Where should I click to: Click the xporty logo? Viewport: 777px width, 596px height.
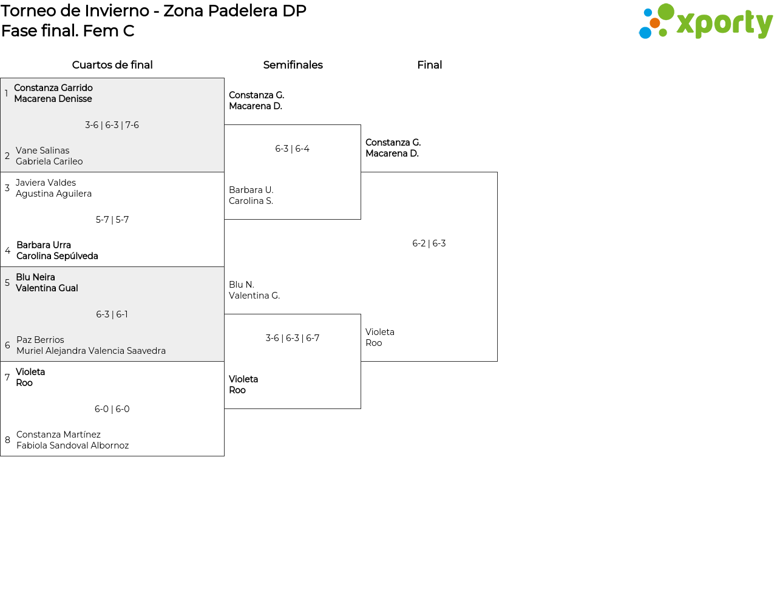click(705, 21)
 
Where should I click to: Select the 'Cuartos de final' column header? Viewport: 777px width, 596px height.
click(112, 65)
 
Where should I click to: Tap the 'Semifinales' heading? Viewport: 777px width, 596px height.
click(293, 65)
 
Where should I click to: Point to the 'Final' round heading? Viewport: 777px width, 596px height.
click(429, 65)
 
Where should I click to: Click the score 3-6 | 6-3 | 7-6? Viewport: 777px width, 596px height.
click(112, 125)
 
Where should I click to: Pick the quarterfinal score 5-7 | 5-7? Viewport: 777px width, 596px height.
click(112, 220)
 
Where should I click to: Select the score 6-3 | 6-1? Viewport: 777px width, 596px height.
click(112, 314)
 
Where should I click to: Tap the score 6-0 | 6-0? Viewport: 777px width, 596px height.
click(112, 409)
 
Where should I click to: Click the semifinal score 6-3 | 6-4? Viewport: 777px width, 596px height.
click(292, 149)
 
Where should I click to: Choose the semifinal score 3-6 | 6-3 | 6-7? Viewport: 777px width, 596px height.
click(293, 338)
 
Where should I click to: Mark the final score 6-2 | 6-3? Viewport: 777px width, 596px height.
click(429, 243)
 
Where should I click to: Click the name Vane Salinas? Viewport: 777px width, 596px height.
click(42, 151)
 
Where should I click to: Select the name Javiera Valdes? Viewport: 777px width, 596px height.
click(46, 183)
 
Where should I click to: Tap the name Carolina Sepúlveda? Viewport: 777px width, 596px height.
click(57, 256)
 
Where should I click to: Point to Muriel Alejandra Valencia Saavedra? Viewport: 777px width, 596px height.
click(91, 351)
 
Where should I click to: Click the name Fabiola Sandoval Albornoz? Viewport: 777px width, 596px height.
click(73, 445)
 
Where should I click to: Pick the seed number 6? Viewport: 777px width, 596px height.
click(7, 345)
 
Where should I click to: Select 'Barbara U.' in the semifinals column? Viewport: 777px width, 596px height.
click(251, 190)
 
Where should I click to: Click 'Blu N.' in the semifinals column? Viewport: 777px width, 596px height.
click(242, 285)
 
